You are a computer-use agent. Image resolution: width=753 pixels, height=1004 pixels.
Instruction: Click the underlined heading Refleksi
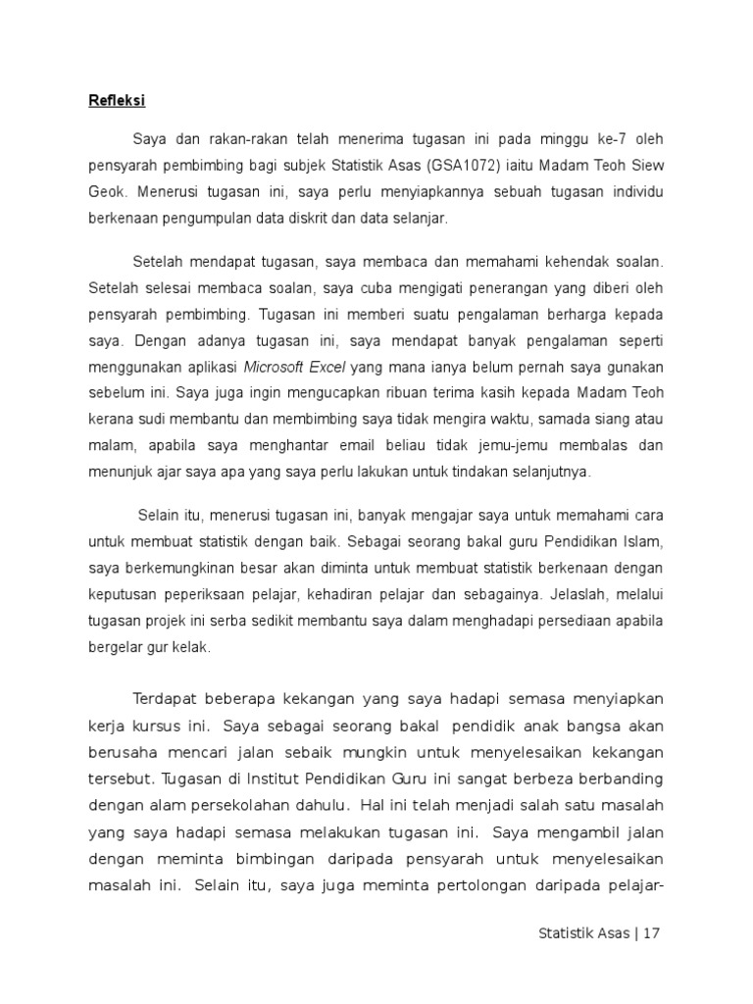(x=112, y=100)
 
